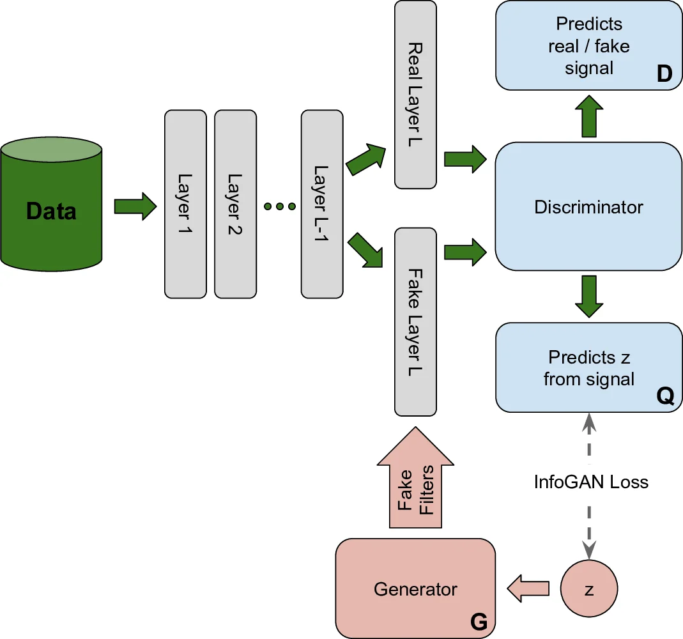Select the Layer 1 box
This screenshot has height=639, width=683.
(185, 204)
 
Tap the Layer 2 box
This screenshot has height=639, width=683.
(235, 204)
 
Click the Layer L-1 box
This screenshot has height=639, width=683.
(321, 204)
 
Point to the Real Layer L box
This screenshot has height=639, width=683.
(415, 95)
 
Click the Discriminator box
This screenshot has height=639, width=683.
(588, 206)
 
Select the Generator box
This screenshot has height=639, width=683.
(415, 588)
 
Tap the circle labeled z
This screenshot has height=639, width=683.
(588, 589)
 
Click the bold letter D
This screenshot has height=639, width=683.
(664, 75)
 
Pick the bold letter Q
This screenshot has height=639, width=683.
(664, 397)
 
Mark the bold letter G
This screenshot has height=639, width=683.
(478, 620)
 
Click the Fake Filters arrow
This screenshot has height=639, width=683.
(415, 489)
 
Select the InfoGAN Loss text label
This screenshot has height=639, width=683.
(591, 482)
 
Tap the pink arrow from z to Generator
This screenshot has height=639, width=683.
(528, 588)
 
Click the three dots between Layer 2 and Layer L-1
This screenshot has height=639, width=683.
(280, 206)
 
